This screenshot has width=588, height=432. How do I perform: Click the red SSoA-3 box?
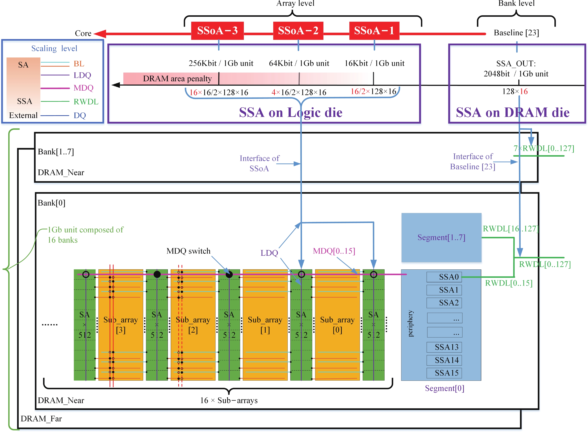click(217, 31)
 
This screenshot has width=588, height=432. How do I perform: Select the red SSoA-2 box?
click(298, 31)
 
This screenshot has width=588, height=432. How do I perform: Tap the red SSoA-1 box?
click(374, 31)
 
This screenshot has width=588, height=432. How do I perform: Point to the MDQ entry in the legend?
click(83, 88)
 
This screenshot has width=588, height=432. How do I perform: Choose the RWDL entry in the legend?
click(86, 101)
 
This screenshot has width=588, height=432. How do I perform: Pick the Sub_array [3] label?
click(121, 325)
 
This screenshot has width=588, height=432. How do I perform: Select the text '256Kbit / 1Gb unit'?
click(221, 63)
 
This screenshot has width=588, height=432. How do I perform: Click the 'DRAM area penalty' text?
click(177, 78)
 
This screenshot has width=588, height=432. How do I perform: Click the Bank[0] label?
click(52, 203)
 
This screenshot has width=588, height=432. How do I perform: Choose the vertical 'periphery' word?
click(410, 323)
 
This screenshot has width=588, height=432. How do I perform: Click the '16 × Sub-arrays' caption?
click(229, 400)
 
